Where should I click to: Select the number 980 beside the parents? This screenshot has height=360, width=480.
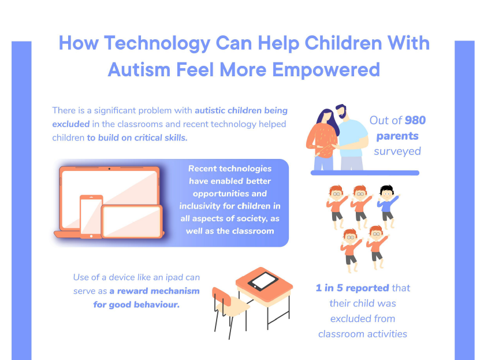point(415,121)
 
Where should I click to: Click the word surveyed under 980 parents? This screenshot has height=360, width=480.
point(397,151)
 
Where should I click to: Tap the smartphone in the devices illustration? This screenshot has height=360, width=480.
point(91,216)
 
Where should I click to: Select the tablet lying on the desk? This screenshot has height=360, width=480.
point(263,281)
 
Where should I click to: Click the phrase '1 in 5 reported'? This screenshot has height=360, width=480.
point(352,288)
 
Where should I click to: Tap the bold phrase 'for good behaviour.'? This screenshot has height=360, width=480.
point(136,305)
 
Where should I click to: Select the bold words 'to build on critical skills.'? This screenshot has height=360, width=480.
point(137,138)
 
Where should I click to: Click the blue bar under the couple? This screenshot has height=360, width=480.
point(364,172)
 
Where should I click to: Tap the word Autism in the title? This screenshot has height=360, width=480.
point(139,69)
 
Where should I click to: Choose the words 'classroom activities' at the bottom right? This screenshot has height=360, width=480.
point(362,333)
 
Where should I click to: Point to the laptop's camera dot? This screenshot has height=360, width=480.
point(109,169)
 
